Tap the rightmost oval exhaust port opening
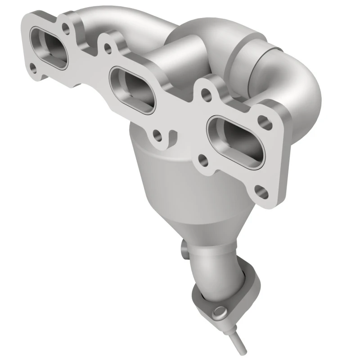235,137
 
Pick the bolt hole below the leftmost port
33,68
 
